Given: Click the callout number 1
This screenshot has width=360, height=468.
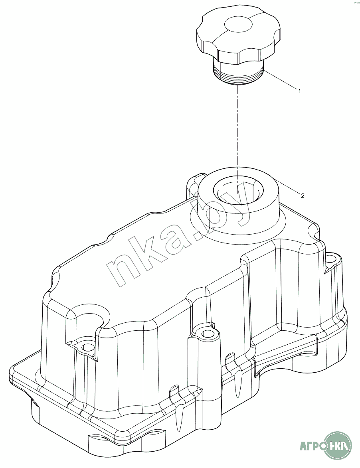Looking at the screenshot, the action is click(x=299, y=91).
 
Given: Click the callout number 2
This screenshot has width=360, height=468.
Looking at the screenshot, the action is click(x=303, y=195).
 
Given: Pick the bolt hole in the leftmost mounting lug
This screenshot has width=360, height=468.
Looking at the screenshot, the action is click(x=87, y=348).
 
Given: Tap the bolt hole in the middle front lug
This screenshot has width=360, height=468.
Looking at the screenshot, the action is click(x=206, y=334).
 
